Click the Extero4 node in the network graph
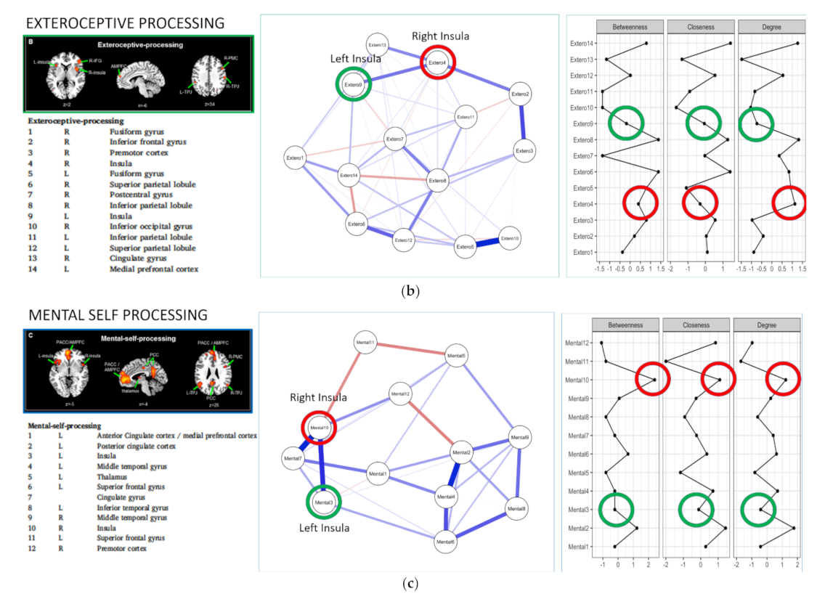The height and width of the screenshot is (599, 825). (x=436, y=63)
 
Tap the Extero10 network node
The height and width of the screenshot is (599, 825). (x=511, y=238)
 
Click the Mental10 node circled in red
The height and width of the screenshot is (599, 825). (x=320, y=428)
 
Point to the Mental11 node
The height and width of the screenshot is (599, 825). (x=365, y=342)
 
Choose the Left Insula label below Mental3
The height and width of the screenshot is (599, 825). (x=324, y=528)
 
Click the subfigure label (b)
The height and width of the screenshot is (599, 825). (x=410, y=292)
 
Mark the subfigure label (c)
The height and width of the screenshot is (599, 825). (x=410, y=583)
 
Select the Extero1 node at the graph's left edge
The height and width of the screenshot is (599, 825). (x=296, y=158)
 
